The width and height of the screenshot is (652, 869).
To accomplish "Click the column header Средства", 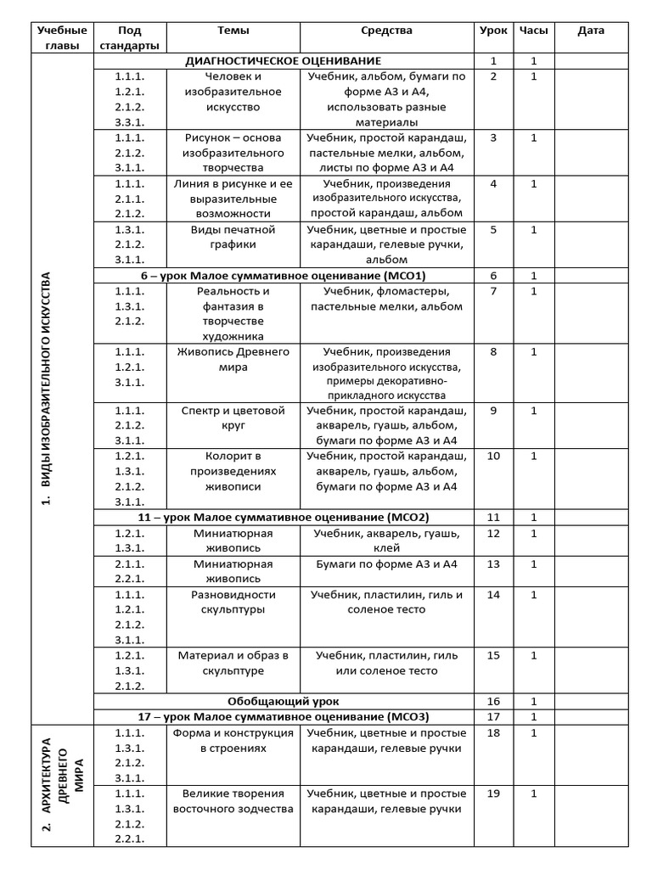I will click(x=386, y=31).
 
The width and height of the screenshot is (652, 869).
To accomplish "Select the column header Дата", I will click(x=591, y=31).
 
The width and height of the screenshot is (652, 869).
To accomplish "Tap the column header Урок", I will click(x=493, y=31).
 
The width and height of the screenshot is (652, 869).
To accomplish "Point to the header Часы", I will click(x=533, y=31).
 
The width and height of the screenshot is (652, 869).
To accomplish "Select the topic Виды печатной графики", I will click(x=233, y=237).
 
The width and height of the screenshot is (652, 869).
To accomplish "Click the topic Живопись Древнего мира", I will click(x=233, y=359).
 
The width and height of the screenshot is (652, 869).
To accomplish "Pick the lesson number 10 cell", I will click(x=493, y=457).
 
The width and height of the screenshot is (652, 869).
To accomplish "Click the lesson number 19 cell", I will click(x=493, y=793).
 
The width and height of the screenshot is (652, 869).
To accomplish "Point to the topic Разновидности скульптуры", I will click(x=233, y=602).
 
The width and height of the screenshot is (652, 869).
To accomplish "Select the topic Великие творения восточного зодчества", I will click(x=233, y=801).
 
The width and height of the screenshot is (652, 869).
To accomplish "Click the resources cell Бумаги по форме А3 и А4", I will click(x=386, y=564).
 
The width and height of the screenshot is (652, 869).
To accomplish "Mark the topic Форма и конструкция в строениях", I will click(x=233, y=740).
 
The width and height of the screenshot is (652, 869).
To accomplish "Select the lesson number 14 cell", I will click(x=493, y=595).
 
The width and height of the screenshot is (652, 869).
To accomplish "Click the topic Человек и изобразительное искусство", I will click(x=233, y=92).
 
